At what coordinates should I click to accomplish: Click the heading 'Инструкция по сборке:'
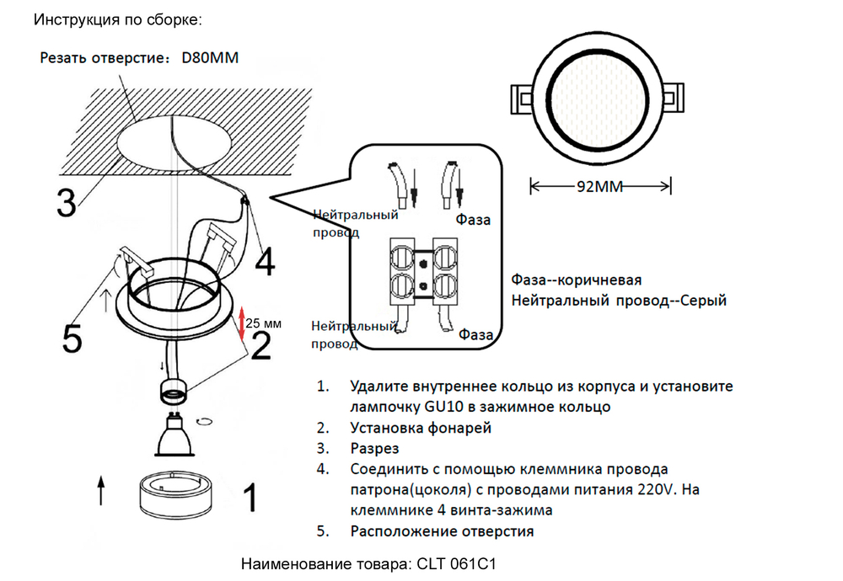118,19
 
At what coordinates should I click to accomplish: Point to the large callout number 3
67,203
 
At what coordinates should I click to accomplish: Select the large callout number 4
265,262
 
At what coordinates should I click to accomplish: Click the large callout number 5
72,338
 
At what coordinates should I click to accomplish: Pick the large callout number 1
250,498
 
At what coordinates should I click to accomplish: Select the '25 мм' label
265,322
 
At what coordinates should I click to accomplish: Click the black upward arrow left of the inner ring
101,491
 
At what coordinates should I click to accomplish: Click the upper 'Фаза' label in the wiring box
474,221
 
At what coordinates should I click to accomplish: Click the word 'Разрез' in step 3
375,449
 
